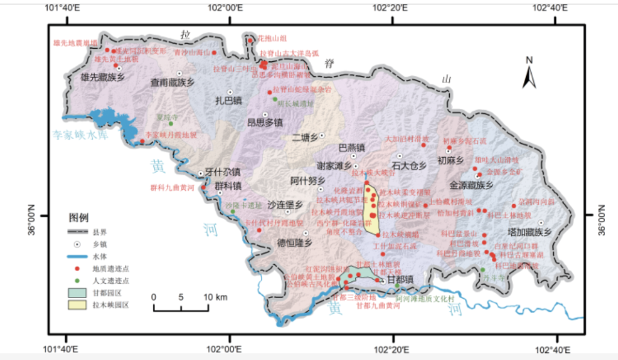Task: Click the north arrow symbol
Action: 529,73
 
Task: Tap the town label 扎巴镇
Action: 229,101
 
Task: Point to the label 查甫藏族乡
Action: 172,82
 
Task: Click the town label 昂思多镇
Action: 265,122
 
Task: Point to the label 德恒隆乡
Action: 294,242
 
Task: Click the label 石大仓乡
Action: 409,166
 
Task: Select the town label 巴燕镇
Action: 351,147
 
